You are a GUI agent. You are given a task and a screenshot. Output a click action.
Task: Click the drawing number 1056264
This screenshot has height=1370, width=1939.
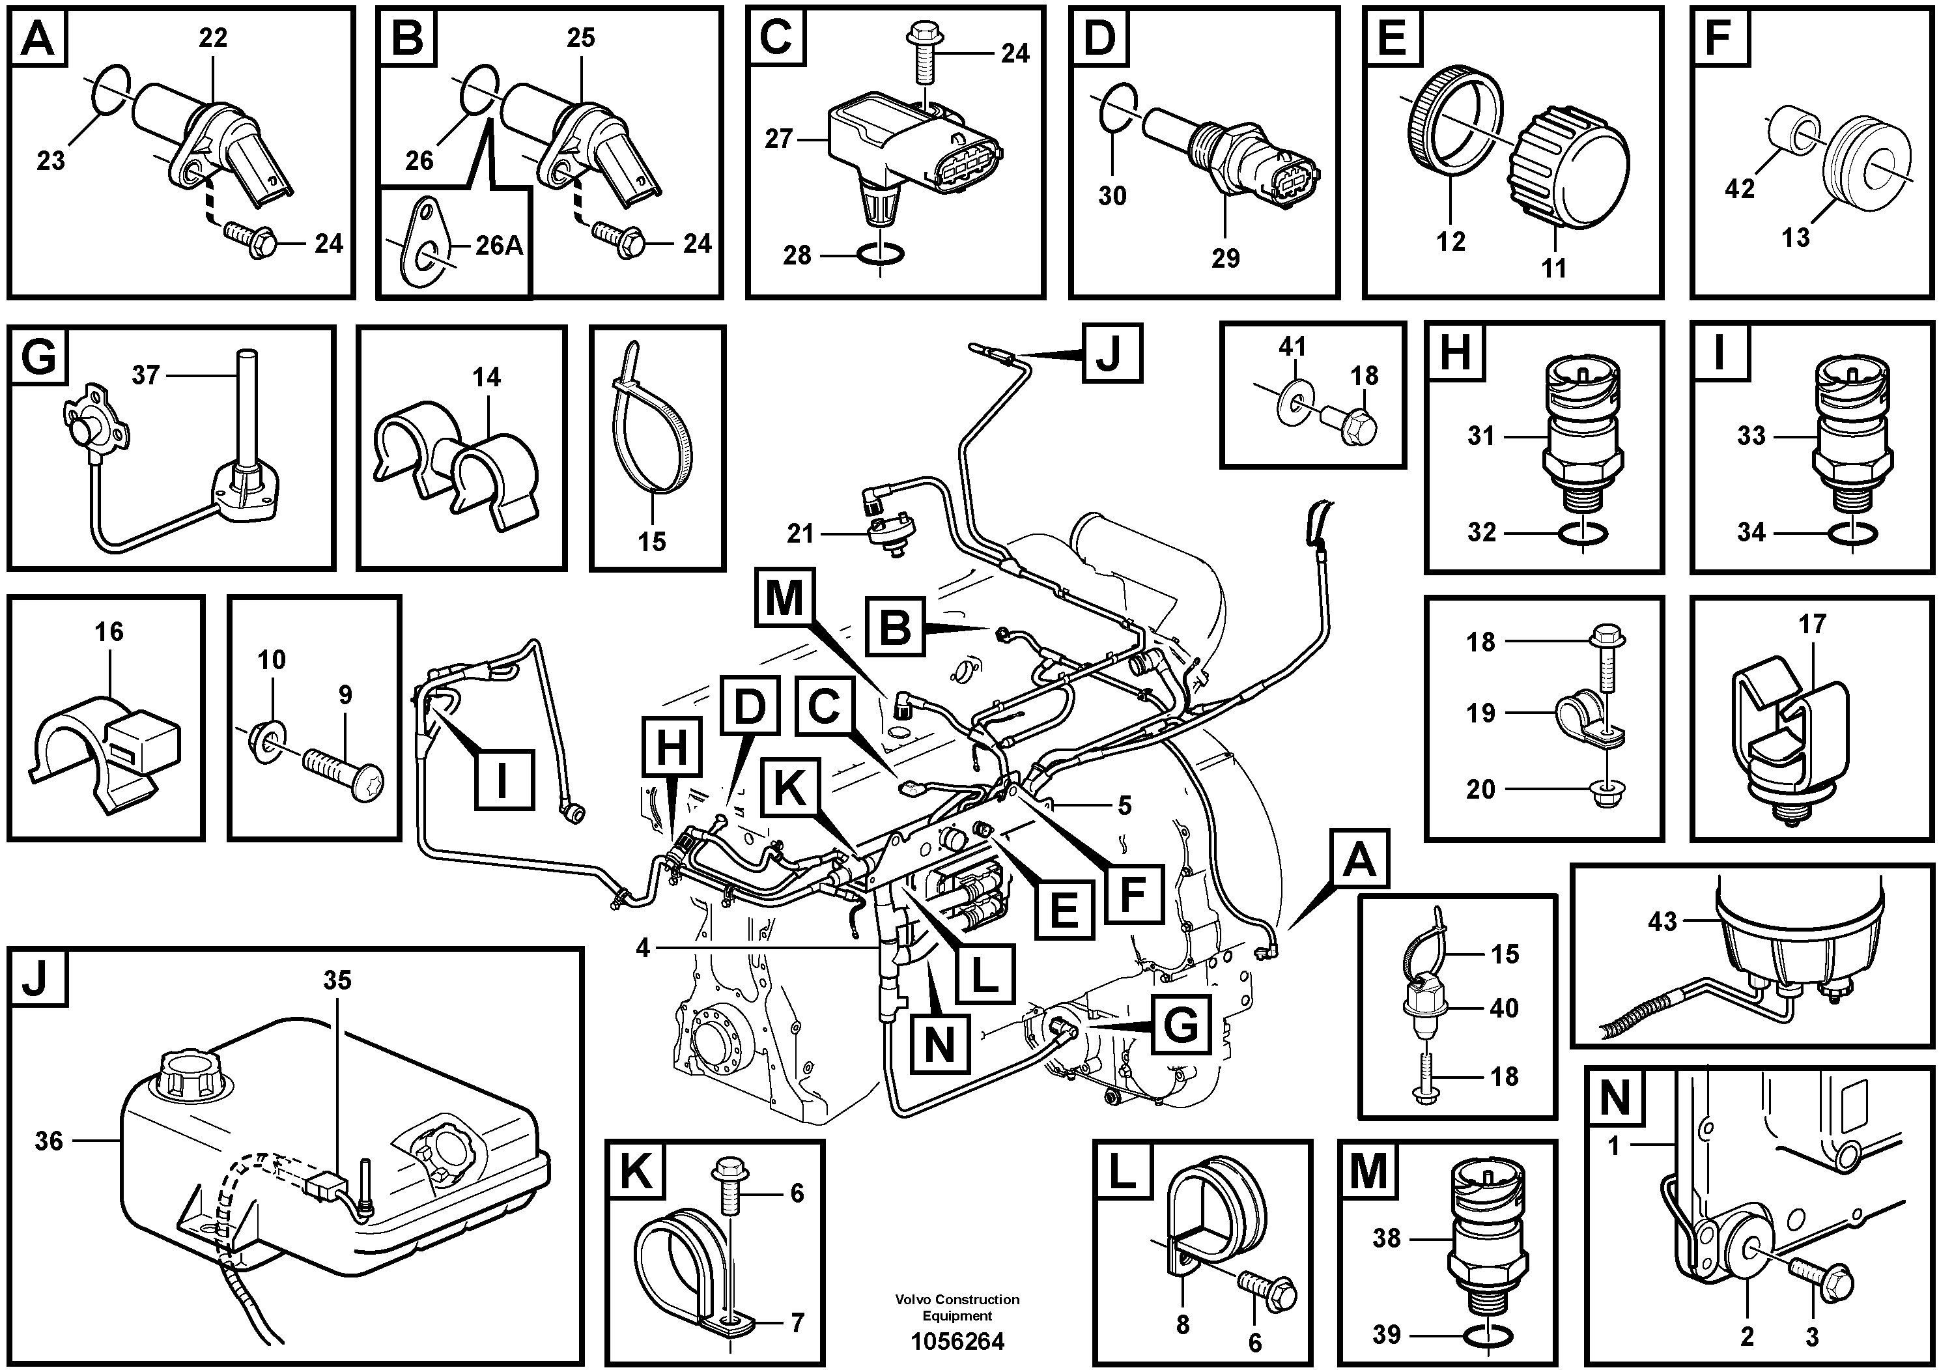(x=957, y=1341)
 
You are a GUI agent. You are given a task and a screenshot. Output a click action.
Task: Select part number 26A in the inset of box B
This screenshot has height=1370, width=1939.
(x=498, y=246)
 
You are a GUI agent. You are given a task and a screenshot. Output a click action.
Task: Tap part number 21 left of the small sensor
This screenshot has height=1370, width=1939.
(x=799, y=533)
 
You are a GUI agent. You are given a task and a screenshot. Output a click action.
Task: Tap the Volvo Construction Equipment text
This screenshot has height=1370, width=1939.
(x=957, y=1307)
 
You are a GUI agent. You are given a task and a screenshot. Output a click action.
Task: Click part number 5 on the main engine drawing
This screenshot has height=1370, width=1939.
(x=1124, y=806)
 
